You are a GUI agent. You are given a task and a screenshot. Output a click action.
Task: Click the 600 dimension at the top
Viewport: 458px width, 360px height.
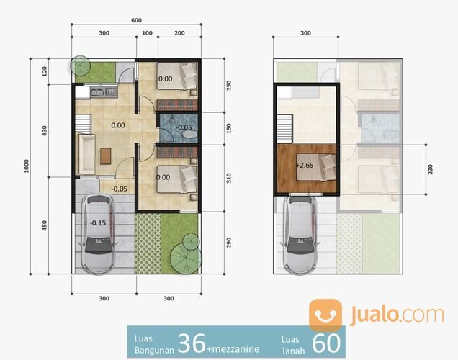[x=136, y=20]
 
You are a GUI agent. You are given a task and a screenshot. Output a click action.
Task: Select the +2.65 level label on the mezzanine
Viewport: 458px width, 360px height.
[x=306, y=166]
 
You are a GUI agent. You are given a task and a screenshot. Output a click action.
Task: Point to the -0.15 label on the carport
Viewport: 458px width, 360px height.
[x=98, y=222]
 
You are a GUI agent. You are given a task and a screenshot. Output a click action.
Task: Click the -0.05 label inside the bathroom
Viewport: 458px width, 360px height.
[x=184, y=127]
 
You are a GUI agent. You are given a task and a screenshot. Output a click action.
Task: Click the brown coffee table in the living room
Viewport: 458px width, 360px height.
[x=107, y=154]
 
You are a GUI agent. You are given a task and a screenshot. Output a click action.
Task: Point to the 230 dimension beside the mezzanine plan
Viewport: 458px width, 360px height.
[x=430, y=169]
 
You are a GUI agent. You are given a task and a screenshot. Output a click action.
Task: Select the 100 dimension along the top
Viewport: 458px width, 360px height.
[x=147, y=33]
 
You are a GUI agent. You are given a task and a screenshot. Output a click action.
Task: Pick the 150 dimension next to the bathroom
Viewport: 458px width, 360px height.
[x=228, y=127]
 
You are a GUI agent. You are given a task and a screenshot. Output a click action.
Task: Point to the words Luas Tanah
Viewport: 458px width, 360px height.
[x=292, y=344]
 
